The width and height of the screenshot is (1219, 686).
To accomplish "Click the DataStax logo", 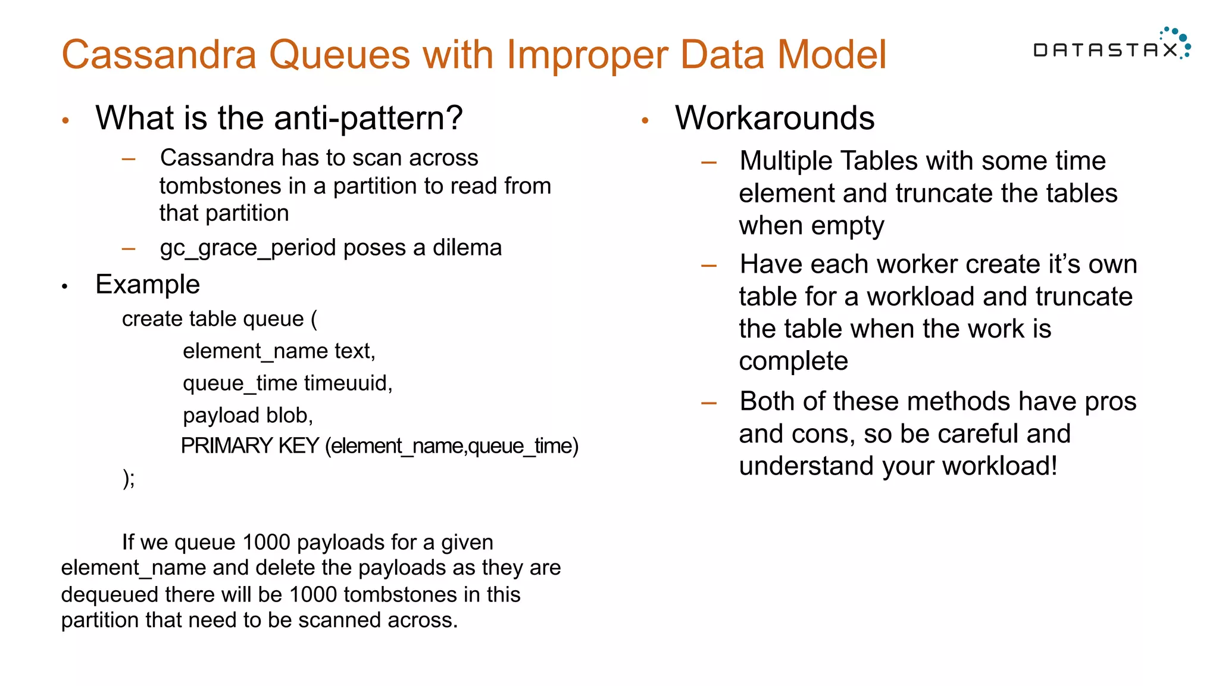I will [1111, 45].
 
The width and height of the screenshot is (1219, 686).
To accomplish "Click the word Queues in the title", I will [339, 55].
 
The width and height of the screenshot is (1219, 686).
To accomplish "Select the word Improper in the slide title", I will [587, 55].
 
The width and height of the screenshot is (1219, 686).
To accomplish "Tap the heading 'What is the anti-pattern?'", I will [279, 118].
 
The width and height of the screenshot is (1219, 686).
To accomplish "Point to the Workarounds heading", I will [774, 118].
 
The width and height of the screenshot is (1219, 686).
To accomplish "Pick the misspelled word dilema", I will [467, 248].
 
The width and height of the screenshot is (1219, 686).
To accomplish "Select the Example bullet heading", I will [148, 285].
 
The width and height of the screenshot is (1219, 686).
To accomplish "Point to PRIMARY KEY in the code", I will [250, 446].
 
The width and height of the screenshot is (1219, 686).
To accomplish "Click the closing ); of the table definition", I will [129, 478].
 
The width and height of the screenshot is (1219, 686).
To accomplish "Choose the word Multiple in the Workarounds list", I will [787, 161].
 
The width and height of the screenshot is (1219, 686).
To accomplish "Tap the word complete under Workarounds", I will [793, 361].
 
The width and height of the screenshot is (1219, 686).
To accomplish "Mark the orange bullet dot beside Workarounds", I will [645, 121].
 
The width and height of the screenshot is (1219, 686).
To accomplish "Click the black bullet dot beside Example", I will [65, 287].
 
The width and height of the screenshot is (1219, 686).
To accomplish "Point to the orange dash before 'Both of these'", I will [708, 404].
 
